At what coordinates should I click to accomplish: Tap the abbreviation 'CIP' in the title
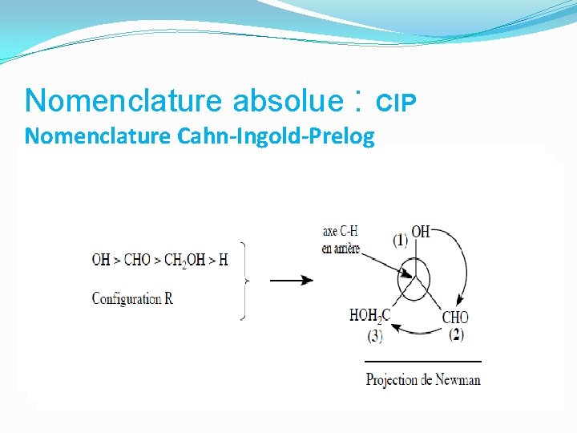pyautogui.click(x=397, y=103)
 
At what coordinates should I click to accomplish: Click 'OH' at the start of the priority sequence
pyautogui.click(x=101, y=260)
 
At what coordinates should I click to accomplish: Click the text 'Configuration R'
pyautogui.click(x=132, y=298)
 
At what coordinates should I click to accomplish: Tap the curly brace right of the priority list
pyautogui.click(x=245, y=281)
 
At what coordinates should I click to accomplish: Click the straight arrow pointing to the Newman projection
pyautogui.click(x=290, y=281)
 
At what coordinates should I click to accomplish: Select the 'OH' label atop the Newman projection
pyautogui.click(x=421, y=233)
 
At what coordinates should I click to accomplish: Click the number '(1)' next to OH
pyautogui.click(x=400, y=240)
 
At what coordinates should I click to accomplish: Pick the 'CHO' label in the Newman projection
pyautogui.click(x=455, y=318)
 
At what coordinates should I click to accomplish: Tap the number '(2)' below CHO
pyautogui.click(x=456, y=334)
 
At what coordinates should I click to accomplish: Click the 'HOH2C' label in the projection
pyautogui.click(x=369, y=316)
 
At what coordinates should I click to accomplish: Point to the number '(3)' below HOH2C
pyautogui.click(x=374, y=336)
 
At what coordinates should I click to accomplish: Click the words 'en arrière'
pyautogui.click(x=341, y=248)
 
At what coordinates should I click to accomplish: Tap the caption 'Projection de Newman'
pyautogui.click(x=423, y=378)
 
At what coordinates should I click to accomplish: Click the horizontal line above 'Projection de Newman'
pyautogui.click(x=423, y=362)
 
